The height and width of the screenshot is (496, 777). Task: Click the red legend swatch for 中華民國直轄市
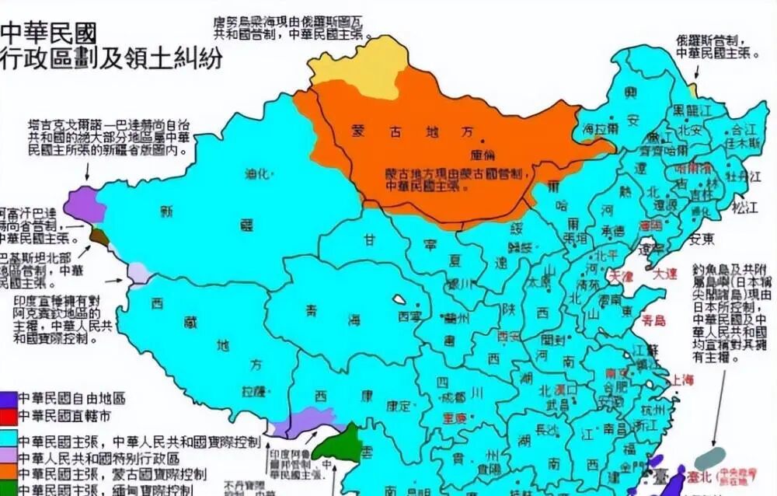(x=9, y=414)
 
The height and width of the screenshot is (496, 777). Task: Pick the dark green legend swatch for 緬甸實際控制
(x=9, y=489)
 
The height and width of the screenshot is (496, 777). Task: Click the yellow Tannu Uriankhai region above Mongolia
(x=354, y=65)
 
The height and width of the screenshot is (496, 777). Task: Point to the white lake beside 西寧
(x=399, y=299)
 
